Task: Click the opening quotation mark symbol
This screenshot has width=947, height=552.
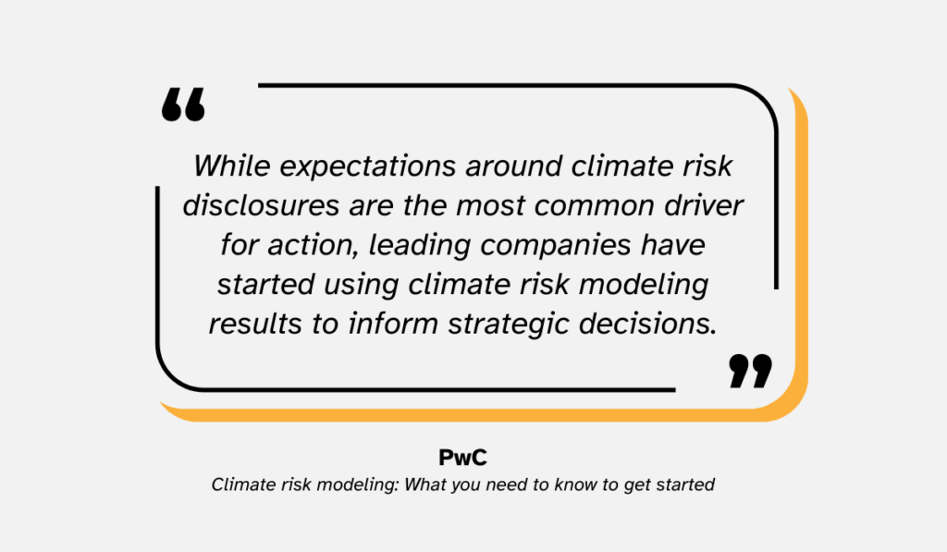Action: pos(183,105)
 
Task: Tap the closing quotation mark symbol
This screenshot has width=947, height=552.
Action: pos(749,370)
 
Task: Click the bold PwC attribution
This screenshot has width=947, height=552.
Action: pos(461,458)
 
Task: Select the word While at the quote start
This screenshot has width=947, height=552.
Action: pos(228,166)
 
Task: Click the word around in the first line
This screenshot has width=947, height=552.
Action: pos(519,166)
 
